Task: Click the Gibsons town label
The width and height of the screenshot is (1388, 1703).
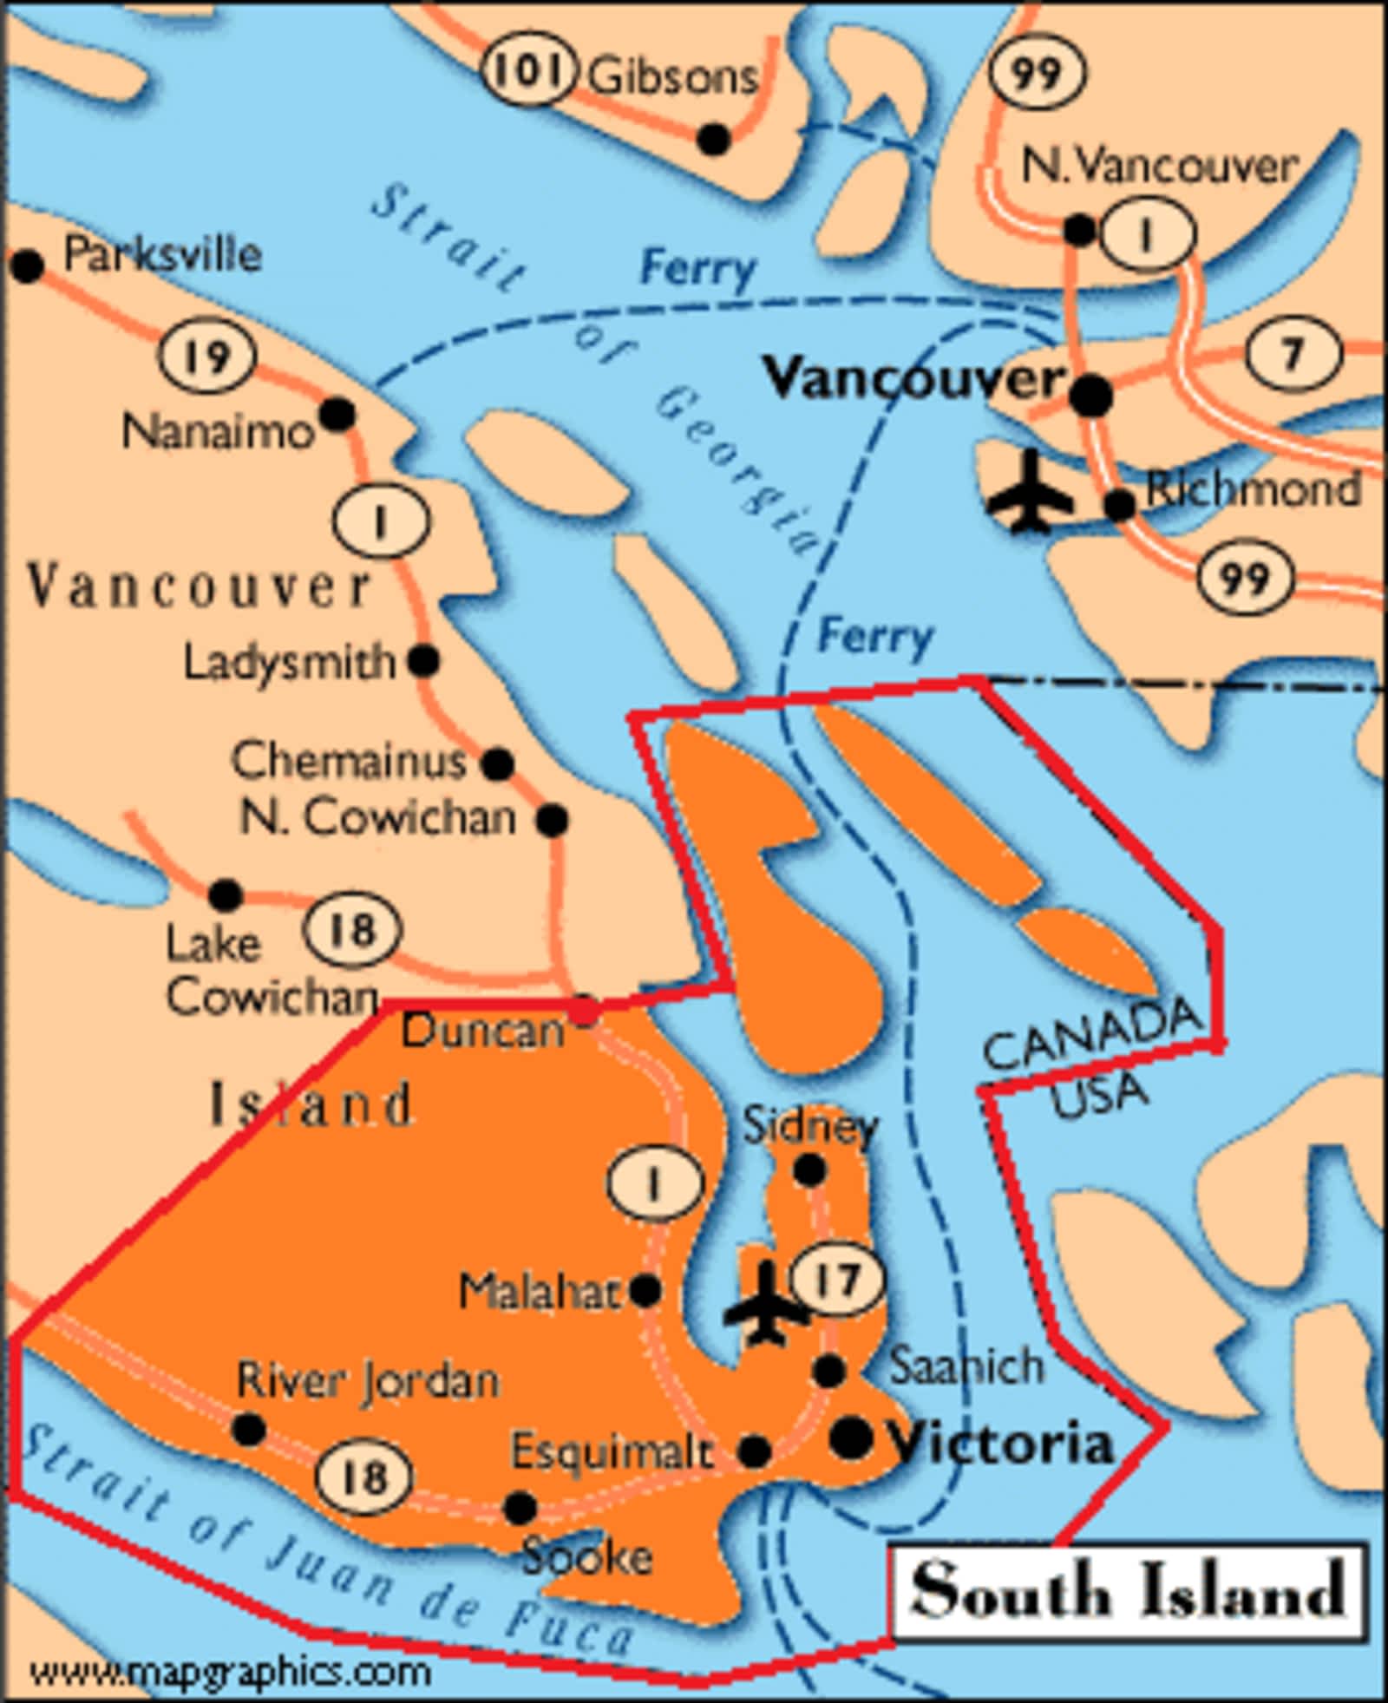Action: (673, 76)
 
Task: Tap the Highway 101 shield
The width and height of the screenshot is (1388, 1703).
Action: (529, 69)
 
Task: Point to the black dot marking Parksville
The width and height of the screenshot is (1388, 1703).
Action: (27, 265)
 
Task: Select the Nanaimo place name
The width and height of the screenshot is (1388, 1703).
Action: (217, 431)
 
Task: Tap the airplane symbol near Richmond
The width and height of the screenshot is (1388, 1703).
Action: (1031, 491)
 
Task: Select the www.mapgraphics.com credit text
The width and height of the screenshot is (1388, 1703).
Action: (230, 1670)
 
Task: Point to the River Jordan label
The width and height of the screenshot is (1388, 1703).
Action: (369, 1380)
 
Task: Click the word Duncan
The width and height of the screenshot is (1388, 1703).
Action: (482, 1031)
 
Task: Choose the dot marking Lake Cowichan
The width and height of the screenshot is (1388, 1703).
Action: (226, 894)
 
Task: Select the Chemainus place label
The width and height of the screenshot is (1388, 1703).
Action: (349, 761)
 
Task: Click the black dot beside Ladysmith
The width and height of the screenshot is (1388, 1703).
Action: (423, 661)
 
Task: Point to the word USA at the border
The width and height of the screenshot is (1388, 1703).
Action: (1098, 1096)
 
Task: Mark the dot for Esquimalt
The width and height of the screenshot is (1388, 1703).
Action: (754, 1451)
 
